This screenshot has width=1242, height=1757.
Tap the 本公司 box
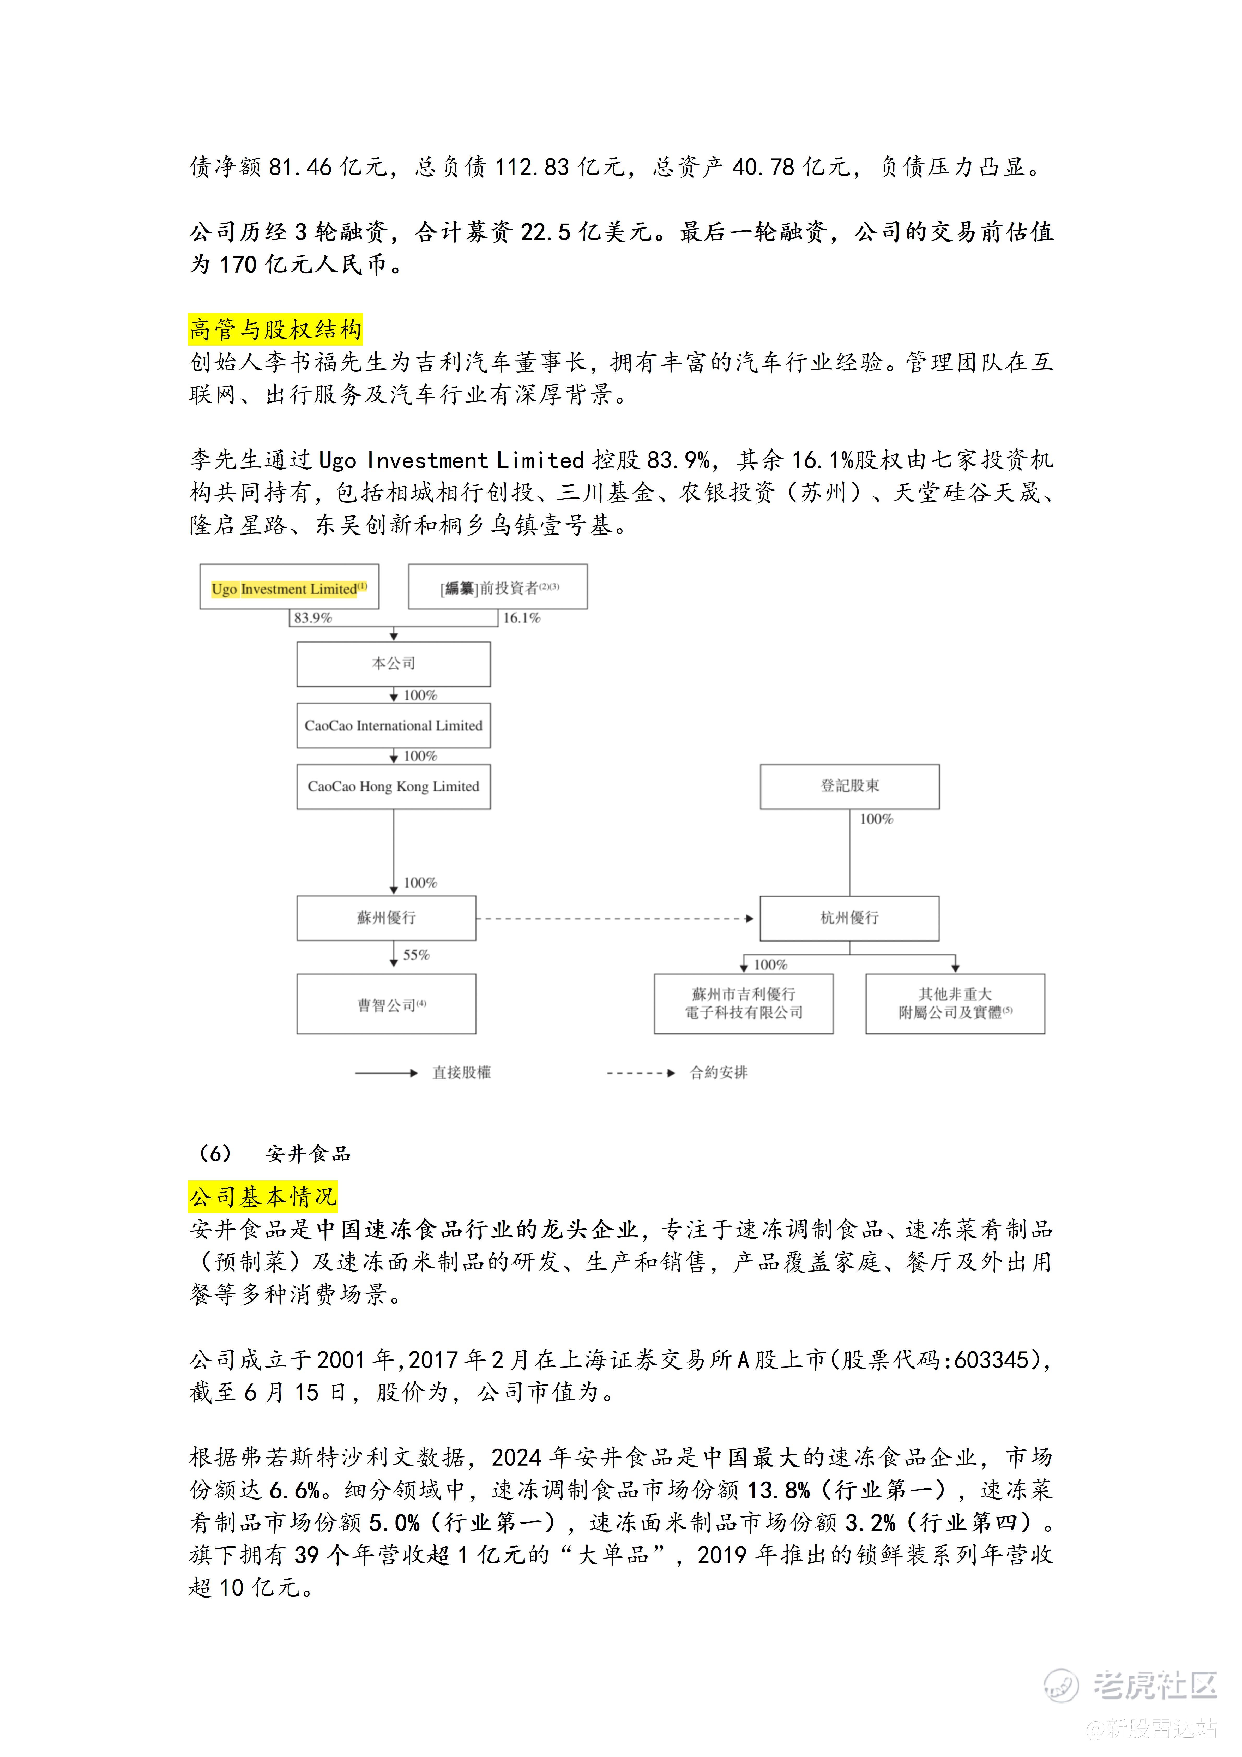(393, 663)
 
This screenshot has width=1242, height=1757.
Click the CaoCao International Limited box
(393, 725)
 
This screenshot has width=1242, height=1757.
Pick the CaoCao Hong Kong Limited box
(393, 787)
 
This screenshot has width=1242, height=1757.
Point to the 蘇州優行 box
(387, 918)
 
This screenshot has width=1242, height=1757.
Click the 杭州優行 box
(849, 918)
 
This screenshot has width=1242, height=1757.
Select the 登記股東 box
(849, 786)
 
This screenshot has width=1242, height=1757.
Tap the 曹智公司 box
(387, 1004)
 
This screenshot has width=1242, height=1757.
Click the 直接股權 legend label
(461, 1073)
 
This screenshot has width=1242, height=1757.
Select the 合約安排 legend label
(719, 1073)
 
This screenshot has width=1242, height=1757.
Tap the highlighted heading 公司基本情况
(262, 1197)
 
